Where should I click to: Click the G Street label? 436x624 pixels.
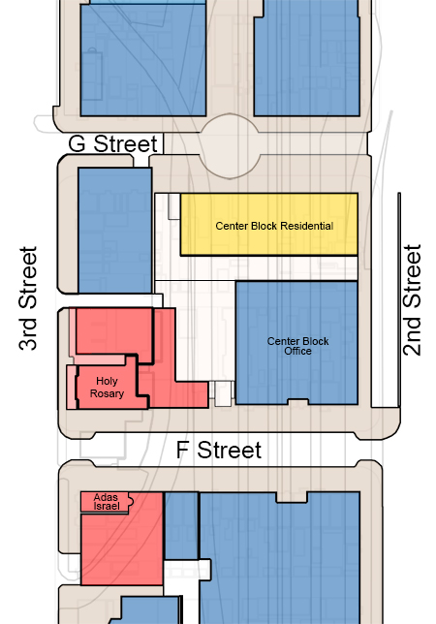(113, 143)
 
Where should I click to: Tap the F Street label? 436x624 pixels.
(219, 451)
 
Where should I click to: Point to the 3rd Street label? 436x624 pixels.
(28, 298)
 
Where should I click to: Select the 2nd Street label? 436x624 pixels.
(412, 300)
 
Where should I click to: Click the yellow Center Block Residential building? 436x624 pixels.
(269, 224)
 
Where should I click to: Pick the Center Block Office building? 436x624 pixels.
(296, 343)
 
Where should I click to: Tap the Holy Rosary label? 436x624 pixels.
(107, 388)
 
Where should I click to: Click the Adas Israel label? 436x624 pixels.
(107, 502)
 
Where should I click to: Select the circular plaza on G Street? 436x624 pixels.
(230, 145)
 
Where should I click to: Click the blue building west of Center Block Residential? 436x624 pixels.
(115, 231)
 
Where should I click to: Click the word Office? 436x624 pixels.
(297, 351)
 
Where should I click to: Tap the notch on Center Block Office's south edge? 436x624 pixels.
(298, 402)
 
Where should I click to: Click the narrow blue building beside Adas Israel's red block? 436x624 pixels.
(181, 526)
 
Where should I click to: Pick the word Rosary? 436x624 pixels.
(107, 393)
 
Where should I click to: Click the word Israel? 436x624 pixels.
(107, 506)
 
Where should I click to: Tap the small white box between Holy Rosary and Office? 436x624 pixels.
(223, 394)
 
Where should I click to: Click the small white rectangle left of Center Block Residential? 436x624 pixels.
(173, 206)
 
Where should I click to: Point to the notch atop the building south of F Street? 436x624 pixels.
(292, 497)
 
